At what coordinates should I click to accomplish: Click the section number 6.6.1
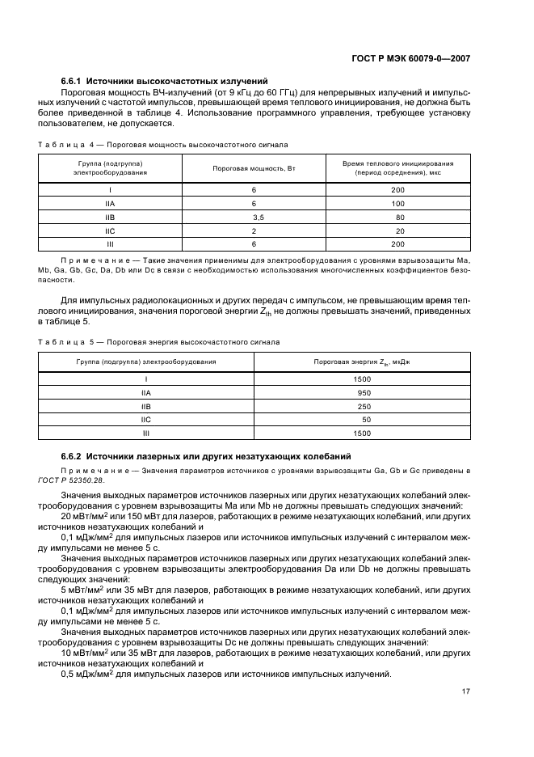click(72, 82)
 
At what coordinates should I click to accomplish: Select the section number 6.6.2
click(72, 455)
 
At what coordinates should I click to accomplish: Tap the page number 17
click(466, 691)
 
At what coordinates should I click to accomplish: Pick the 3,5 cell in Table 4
click(258, 218)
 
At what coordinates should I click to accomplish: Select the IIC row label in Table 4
click(111, 230)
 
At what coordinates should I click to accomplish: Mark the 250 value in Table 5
click(364, 406)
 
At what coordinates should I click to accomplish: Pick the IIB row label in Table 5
click(146, 406)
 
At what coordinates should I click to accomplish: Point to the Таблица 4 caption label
click(66, 145)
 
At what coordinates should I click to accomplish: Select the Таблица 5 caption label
click(66, 341)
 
